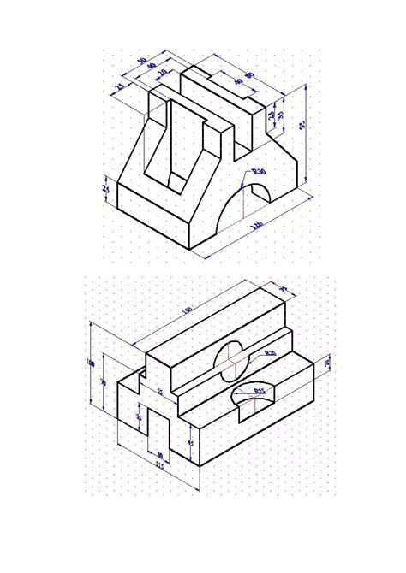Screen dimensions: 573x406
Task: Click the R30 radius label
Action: [257, 174]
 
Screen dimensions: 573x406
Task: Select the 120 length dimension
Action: [256, 227]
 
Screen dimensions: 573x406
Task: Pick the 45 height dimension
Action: [190, 443]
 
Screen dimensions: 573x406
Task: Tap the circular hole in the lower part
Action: [231, 357]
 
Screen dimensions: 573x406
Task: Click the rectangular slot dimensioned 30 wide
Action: [155, 428]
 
